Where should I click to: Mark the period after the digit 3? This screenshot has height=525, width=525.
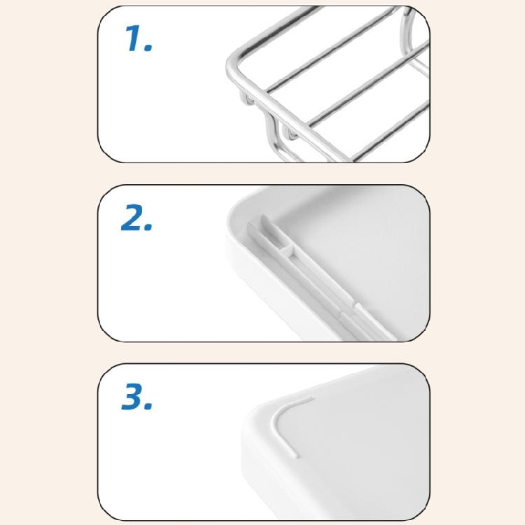coord(148,407)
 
